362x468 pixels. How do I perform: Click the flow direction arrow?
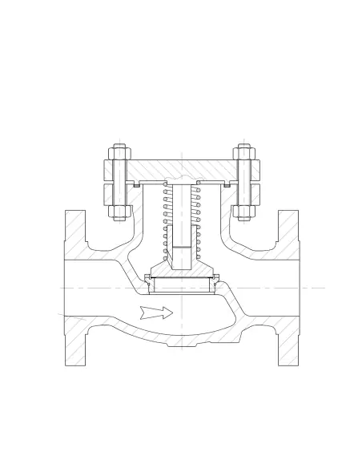point(155,311)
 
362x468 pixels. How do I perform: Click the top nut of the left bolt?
point(119,153)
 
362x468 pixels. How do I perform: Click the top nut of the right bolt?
point(243,153)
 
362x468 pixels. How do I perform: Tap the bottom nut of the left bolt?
point(119,212)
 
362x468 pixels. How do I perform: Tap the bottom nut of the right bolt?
point(243,212)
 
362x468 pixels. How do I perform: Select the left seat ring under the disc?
point(148,280)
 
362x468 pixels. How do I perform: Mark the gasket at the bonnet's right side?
point(228,184)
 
